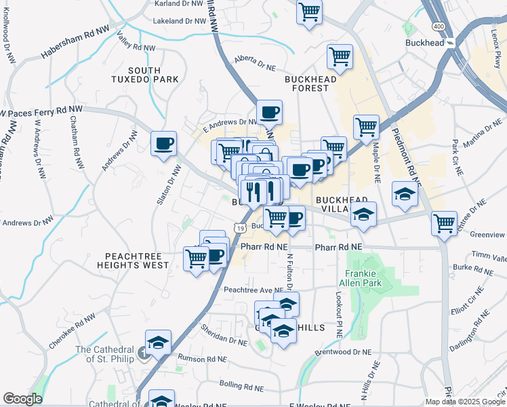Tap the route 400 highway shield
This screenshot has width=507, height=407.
(x=439, y=26)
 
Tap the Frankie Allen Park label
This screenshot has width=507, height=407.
(x=360, y=278)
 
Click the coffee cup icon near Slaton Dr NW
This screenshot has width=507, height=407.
(x=164, y=143)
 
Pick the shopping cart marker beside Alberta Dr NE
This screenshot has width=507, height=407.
(x=340, y=57)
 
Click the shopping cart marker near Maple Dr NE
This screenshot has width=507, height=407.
(x=366, y=126)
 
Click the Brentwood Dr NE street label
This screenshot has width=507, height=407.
(x=344, y=353)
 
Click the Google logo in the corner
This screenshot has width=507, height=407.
(x=22, y=399)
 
